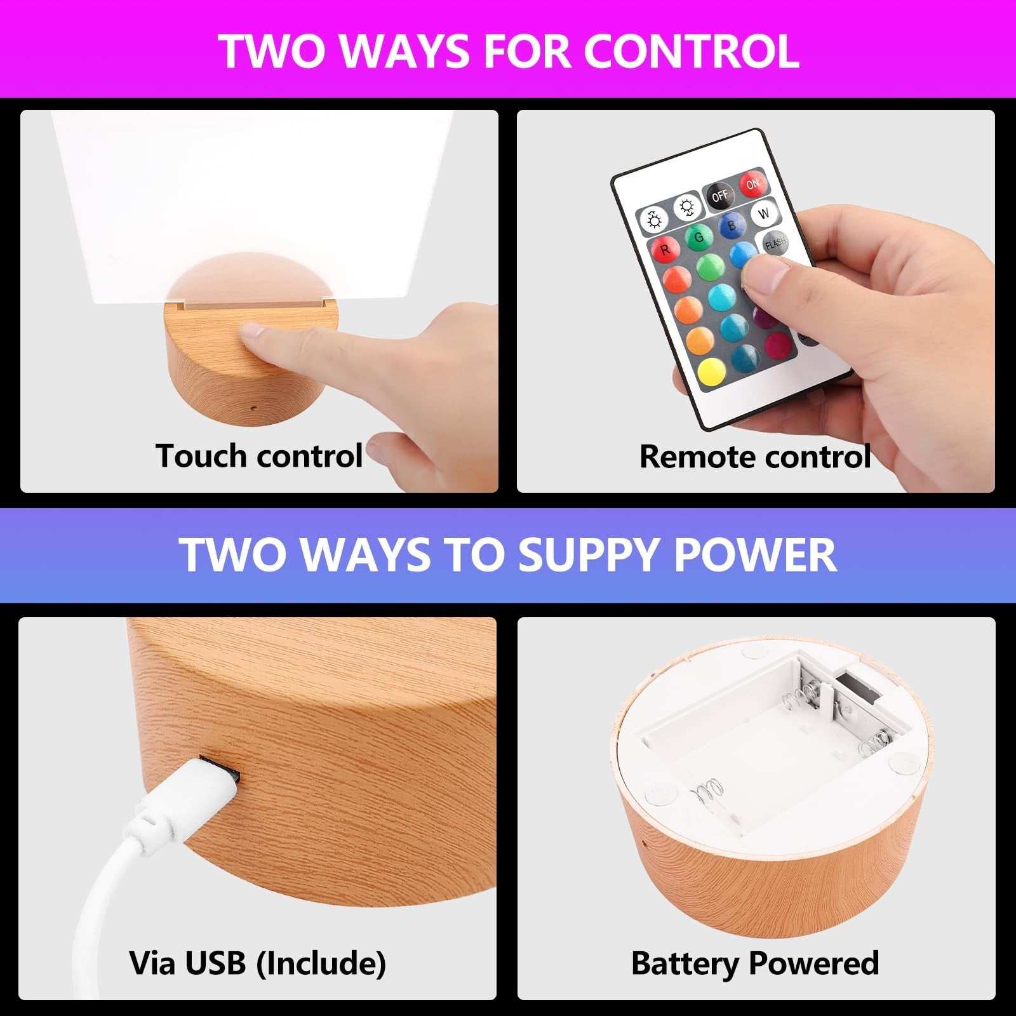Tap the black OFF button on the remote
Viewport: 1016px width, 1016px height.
coord(719,196)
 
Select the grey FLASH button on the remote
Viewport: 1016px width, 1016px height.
coord(775,243)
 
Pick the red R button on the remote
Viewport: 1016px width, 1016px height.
coord(665,250)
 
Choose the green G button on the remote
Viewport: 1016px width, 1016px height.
coord(698,237)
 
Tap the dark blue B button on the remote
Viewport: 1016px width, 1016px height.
coord(732,225)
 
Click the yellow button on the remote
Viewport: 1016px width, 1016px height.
coord(711,373)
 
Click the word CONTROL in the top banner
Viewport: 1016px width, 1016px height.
coord(691,51)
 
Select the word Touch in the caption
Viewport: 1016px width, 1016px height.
coord(201,455)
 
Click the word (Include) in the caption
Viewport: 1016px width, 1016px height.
coord(321,963)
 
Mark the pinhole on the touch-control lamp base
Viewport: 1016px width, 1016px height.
coord(253,408)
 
